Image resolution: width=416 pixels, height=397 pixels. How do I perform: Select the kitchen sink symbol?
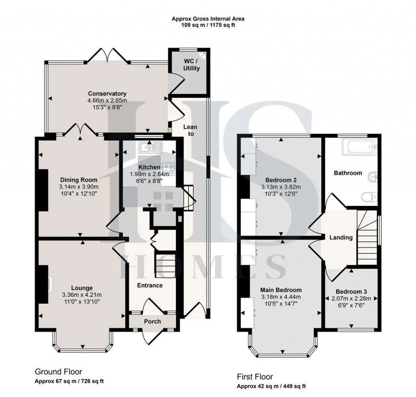pyautogui.click(x=150, y=147)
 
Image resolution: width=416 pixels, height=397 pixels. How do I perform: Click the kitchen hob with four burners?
pyautogui.click(x=168, y=169)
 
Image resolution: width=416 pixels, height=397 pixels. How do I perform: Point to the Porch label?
pyautogui.click(x=153, y=321)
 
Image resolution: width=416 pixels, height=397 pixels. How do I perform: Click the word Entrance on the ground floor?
pyautogui.click(x=150, y=285)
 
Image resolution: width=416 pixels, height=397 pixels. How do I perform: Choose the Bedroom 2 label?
pyautogui.click(x=281, y=180)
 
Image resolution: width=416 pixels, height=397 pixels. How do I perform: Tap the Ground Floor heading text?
pyautogui.click(x=58, y=371)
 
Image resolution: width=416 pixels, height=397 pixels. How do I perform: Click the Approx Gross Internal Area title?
pyautogui.click(x=208, y=18)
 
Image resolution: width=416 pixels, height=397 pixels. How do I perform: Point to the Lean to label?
pyautogui.click(x=190, y=130)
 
